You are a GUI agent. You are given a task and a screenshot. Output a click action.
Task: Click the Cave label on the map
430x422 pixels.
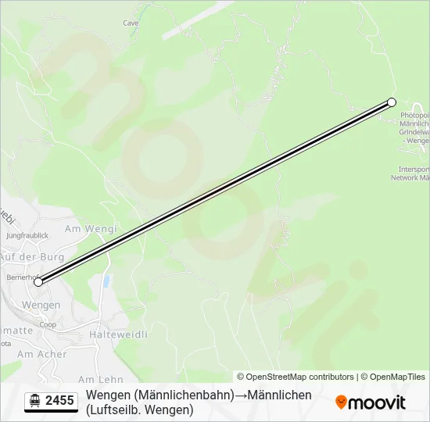(x=131, y=23)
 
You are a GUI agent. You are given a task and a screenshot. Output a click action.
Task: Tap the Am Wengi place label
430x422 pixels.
(x=90, y=229)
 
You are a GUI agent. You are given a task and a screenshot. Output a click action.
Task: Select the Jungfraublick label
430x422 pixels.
(x=27, y=235)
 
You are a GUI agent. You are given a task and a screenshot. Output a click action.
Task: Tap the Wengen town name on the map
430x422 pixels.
(x=41, y=305)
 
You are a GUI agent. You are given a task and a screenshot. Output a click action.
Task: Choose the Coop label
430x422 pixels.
(x=48, y=324)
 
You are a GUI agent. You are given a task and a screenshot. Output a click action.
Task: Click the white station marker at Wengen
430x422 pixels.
(x=38, y=282)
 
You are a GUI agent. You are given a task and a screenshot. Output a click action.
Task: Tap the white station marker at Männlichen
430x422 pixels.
(x=392, y=102)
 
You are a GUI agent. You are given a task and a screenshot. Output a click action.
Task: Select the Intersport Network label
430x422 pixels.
(x=414, y=173)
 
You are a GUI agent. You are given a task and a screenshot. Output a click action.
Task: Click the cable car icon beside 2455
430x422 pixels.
(x=35, y=401)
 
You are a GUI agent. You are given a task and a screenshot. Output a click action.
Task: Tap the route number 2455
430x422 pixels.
(x=60, y=401)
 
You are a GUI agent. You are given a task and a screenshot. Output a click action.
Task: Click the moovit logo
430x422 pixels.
(x=371, y=402)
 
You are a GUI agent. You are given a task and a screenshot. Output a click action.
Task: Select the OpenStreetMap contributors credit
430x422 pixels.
(x=296, y=377)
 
